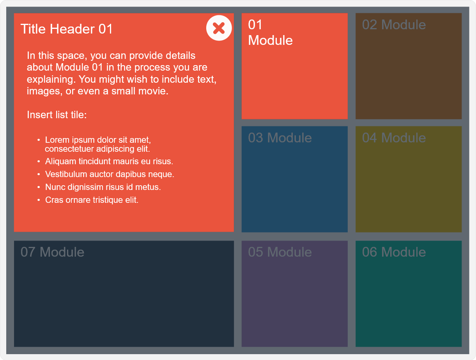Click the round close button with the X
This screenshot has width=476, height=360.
[x=219, y=28]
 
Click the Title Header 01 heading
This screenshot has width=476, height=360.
[x=67, y=29]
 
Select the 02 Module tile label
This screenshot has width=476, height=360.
[x=394, y=25]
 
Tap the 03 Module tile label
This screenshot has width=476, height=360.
[x=280, y=138]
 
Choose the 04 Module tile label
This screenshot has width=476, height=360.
[x=394, y=138]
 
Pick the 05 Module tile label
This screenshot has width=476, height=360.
[x=280, y=252]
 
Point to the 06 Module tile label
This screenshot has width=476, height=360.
[x=394, y=252]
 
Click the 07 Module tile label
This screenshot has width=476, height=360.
[x=52, y=252]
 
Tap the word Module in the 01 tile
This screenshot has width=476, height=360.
[x=270, y=40]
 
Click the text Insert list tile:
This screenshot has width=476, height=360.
[x=57, y=115]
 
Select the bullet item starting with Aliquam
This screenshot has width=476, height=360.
[x=109, y=161]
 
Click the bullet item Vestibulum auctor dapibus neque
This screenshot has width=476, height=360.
[x=110, y=174]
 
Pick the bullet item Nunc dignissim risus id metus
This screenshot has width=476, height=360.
[x=103, y=187]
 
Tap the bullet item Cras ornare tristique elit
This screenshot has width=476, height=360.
[x=92, y=200]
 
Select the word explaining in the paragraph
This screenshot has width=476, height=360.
[x=51, y=80]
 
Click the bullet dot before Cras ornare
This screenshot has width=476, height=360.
[x=39, y=200]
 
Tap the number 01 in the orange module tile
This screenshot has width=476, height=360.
[x=255, y=25]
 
